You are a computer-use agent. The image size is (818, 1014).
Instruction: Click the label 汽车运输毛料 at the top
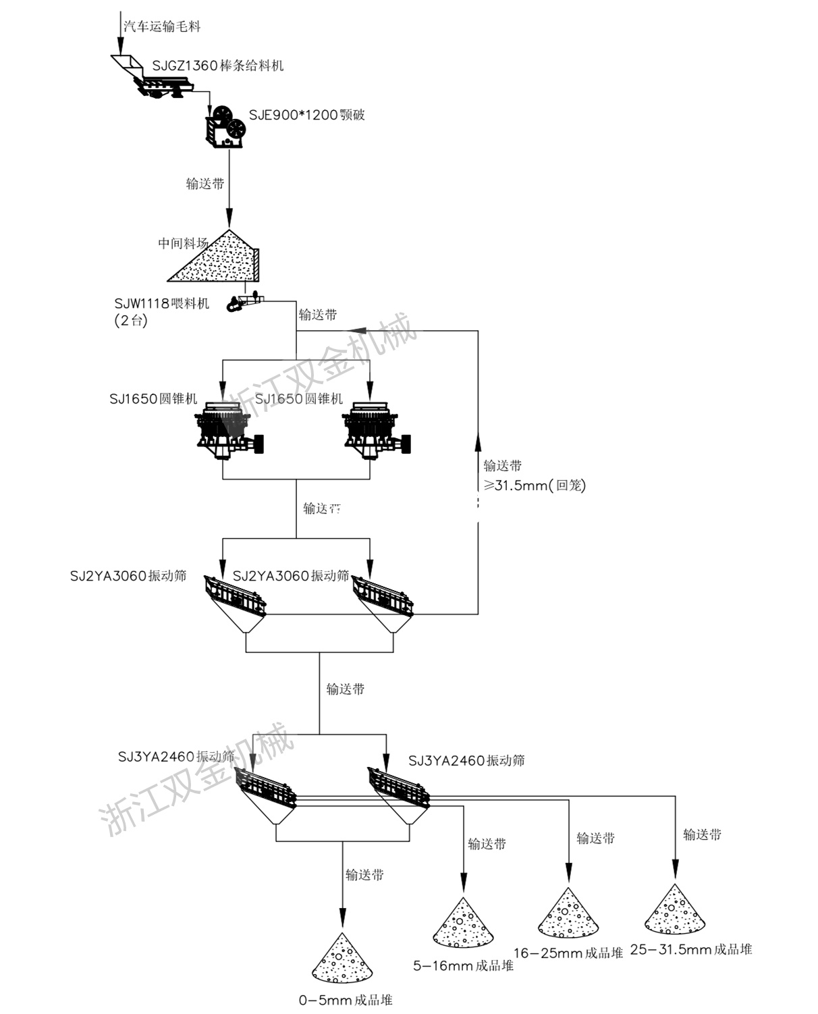pos(162,27)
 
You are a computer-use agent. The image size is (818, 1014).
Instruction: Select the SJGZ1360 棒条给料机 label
pos(217,65)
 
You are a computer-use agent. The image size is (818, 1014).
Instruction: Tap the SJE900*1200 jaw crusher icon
pos(227,126)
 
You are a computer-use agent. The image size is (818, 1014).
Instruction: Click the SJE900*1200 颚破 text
pos(306,115)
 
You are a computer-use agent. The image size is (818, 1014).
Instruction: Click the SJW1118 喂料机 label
pos(162,303)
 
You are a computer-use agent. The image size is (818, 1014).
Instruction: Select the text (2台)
pos(131,321)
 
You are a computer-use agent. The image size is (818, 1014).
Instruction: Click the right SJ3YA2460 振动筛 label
pos(466,761)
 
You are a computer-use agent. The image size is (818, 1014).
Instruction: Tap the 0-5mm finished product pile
pos(342,959)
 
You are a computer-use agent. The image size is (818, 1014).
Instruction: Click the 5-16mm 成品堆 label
pos(463,966)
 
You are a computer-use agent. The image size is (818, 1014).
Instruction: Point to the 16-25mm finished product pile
pos(568,913)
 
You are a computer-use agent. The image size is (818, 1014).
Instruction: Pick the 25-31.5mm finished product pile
pos(674,910)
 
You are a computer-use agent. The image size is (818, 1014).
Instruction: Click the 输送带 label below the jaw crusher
pos(205,184)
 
